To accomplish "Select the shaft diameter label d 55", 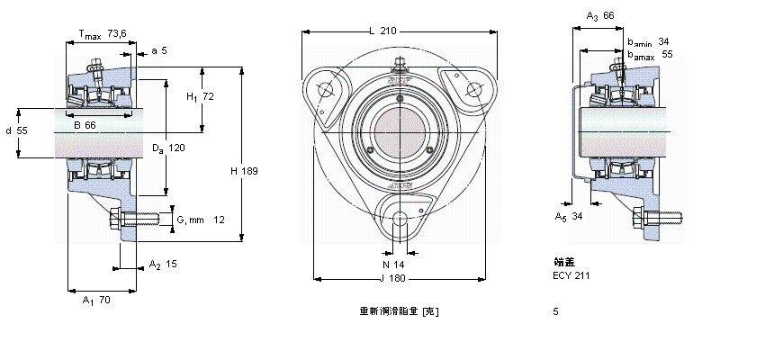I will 16,130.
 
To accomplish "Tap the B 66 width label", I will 85,125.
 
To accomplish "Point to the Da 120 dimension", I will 167,148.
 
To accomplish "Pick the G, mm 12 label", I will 200,220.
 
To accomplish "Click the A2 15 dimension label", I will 163,265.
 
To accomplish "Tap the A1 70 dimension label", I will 96,300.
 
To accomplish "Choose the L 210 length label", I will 382,31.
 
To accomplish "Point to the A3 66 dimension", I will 599,16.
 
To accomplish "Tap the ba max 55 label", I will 649,54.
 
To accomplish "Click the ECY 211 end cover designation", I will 571,274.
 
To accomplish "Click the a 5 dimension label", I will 158,50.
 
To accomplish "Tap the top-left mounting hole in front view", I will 325,89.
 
